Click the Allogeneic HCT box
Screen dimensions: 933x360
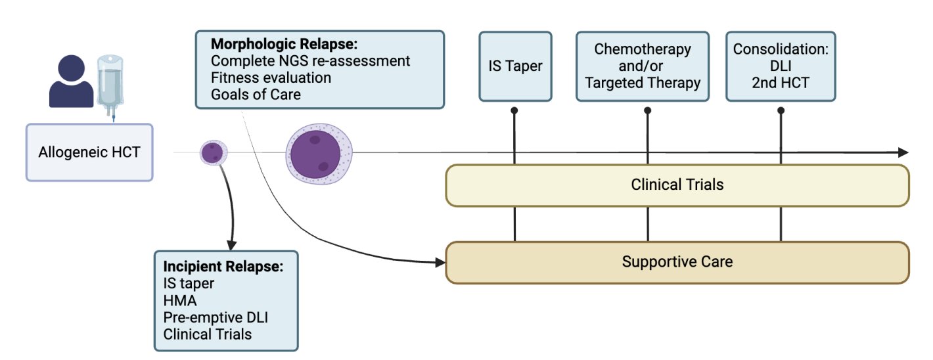click(89, 152)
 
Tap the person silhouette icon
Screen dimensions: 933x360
click(71, 81)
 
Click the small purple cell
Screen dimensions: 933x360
click(214, 152)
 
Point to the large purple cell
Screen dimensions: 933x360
click(319, 153)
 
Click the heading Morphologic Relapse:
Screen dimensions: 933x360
click(284, 44)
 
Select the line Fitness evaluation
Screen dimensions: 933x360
click(271, 78)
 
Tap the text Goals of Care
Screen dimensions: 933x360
click(256, 95)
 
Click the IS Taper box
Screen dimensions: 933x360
click(515, 66)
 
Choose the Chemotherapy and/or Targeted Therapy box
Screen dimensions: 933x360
click(643, 66)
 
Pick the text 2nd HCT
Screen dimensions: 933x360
click(781, 83)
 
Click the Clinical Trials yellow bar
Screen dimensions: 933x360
click(677, 185)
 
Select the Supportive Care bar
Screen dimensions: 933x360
click(677, 263)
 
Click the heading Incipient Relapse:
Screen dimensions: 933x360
click(223, 266)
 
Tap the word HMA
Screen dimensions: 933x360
click(180, 300)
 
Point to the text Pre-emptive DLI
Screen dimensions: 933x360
click(216, 317)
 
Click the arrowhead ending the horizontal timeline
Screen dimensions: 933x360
click(903, 152)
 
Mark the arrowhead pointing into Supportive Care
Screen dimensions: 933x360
click(440, 263)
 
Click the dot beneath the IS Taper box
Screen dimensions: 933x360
click(514, 110)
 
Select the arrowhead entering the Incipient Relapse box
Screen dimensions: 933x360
click(231, 245)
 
